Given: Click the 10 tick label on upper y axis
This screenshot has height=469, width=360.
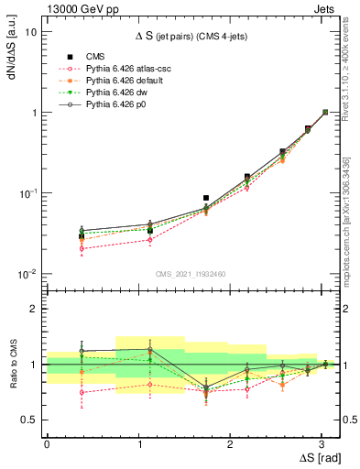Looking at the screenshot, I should [x=31, y=31].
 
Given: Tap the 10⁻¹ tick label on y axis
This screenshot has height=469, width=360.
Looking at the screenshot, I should [x=27, y=193].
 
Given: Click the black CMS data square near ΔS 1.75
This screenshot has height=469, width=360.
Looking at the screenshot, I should [x=206, y=198].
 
